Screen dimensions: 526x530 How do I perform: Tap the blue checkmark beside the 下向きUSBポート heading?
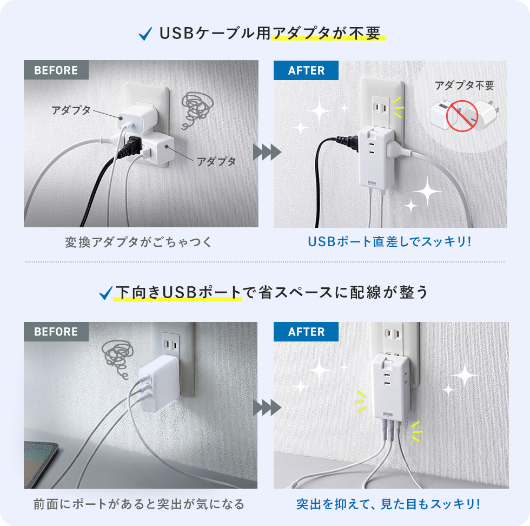click(105, 293)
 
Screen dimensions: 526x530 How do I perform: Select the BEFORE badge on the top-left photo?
click(56, 70)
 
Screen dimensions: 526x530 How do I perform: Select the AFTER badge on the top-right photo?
click(306, 70)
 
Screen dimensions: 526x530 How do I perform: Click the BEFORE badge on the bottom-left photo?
click(56, 332)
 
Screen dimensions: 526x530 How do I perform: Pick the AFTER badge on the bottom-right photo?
click(306, 332)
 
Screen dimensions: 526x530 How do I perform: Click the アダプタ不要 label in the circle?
click(464, 86)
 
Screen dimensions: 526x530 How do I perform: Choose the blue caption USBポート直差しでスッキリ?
click(390, 241)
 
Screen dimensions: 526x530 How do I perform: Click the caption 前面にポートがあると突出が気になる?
click(139, 504)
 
